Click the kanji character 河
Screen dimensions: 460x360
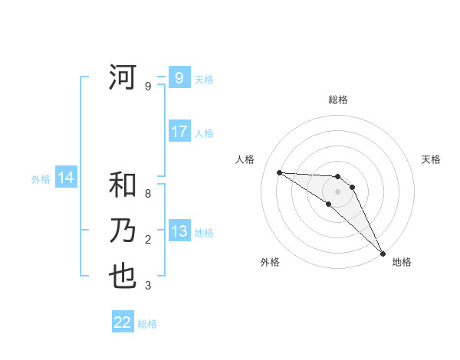point(123,78)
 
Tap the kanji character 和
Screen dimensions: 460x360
point(123,185)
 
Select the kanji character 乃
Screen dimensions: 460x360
point(123,231)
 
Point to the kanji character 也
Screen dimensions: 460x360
point(123,277)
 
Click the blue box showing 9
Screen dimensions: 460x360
point(179,78)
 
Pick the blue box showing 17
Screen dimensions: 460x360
point(179,132)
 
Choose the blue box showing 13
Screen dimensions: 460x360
point(179,231)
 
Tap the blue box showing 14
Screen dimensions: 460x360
point(66,178)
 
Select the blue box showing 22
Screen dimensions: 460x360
point(123,322)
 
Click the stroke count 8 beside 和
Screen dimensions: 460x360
point(148,194)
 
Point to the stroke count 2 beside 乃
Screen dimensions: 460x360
point(148,240)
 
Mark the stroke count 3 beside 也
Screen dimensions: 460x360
point(148,286)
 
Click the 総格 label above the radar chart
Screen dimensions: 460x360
point(338,100)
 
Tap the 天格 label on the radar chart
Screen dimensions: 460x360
point(431,159)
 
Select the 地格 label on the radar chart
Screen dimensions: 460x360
point(402,262)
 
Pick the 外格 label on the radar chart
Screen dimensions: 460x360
point(270,262)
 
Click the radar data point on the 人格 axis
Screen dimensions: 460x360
point(279,172)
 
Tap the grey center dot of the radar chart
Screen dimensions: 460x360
point(338,191)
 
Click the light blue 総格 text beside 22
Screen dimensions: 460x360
point(147,324)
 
